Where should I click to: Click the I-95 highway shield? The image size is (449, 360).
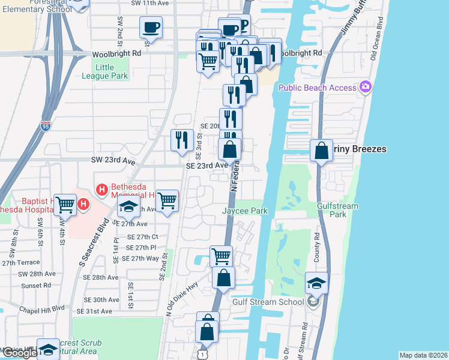coord(46,126)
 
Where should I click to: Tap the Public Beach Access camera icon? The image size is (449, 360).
coord(366,88)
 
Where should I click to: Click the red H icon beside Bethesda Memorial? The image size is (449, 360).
coord(101,190)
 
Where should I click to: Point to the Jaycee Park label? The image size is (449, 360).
coord(244,211)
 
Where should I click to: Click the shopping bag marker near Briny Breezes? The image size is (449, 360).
coord(321,150)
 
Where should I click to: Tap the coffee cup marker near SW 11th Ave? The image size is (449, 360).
coord(150,28)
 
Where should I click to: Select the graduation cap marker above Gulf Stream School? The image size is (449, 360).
coord(316,283)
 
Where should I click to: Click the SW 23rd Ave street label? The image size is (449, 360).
coord(113,161)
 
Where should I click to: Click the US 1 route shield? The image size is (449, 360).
coord(203,355)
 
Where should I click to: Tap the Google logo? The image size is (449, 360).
coord(20,353)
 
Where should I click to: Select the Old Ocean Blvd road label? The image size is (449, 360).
coord(376,42)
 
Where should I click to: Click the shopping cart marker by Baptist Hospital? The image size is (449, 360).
coord(64,205)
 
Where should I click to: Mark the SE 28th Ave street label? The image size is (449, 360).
coord(101,277)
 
